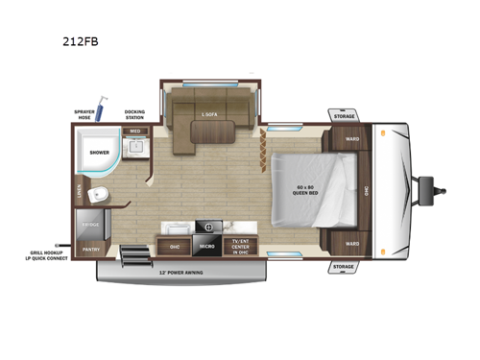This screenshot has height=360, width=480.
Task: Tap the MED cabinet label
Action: pos(135,130)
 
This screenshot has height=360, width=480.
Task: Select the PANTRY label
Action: pos(91,249)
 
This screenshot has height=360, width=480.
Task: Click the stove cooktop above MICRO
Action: pos(206,228)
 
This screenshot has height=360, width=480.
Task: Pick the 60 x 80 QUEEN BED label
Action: pos(304,189)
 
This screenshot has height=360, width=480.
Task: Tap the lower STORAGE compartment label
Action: pos(345,266)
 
